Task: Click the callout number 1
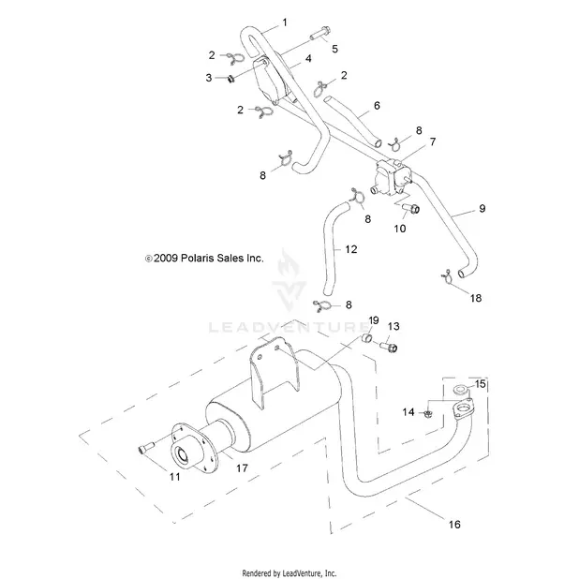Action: click(284, 22)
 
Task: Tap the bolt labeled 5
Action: click(319, 34)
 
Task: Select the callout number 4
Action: click(308, 58)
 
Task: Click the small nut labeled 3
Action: click(231, 79)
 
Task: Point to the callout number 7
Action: click(433, 141)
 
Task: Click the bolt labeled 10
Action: click(410, 209)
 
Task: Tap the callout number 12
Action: click(350, 249)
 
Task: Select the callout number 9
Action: click(482, 209)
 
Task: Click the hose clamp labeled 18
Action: click(447, 276)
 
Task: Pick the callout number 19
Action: click(374, 320)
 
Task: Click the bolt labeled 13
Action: click(389, 347)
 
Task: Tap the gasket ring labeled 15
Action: click(460, 390)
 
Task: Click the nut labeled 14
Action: click(428, 414)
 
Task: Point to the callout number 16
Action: click(454, 525)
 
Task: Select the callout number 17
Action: click(242, 468)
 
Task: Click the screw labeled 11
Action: click(146, 448)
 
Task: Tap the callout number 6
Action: click(377, 106)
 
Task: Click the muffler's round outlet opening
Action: click(183, 454)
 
